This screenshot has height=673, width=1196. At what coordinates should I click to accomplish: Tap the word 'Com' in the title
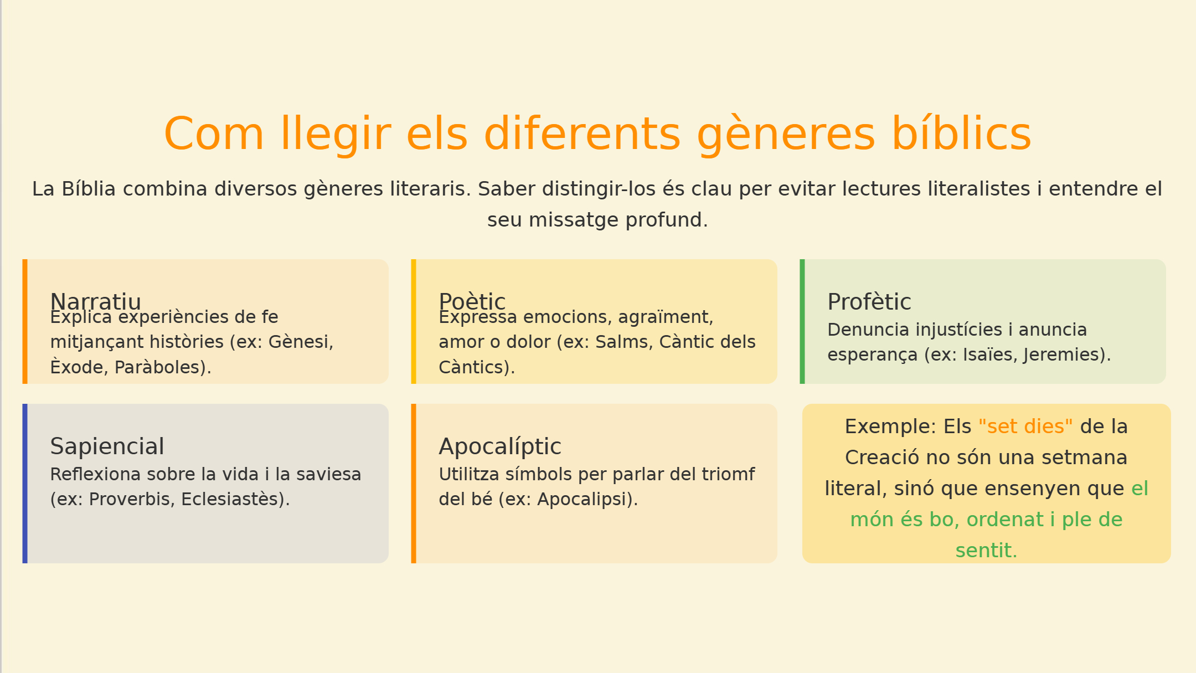point(214,134)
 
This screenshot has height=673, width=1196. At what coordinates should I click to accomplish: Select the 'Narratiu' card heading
point(96,301)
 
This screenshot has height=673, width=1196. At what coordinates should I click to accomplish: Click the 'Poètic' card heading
point(472,301)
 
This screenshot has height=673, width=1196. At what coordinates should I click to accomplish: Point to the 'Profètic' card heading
point(869,302)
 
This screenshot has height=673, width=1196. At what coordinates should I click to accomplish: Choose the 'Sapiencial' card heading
point(107,446)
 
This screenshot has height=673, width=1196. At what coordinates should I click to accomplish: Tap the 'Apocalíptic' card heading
point(500,446)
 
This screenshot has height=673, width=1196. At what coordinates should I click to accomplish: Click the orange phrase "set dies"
point(1025,427)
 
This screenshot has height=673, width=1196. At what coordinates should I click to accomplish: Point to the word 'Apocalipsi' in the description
point(587,499)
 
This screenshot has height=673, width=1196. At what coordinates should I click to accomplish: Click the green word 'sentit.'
point(987,551)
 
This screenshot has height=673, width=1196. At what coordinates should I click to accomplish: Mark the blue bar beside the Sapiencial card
point(25,484)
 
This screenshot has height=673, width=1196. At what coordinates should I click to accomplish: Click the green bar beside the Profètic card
point(802,321)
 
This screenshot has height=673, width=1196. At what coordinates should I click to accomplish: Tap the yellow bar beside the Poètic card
point(414,321)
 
